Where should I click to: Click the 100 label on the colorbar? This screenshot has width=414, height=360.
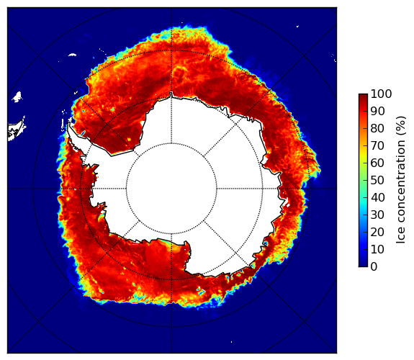(381, 94)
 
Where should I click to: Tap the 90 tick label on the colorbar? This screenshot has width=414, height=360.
(377, 111)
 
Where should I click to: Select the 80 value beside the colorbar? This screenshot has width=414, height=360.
(377, 128)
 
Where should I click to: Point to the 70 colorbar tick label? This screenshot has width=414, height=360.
(377, 145)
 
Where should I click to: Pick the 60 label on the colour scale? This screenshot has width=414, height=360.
(377, 163)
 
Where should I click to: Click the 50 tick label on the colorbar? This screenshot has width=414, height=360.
(377, 181)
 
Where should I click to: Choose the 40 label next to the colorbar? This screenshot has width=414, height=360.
(377, 197)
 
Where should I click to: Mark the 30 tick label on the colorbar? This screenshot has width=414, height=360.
(377, 215)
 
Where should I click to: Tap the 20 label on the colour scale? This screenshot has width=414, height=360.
(377, 232)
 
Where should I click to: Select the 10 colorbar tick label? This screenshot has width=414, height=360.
(377, 249)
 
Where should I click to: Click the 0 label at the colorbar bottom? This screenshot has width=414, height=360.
(374, 267)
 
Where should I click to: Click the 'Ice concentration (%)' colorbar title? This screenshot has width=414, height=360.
(401, 180)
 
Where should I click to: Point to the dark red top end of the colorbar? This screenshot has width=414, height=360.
(363, 95)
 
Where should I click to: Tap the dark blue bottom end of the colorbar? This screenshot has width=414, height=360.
(363, 265)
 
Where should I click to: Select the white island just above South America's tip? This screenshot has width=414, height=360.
(17, 97)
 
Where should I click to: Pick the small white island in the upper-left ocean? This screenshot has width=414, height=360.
(72, 55)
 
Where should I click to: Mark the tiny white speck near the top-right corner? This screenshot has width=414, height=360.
(297, 26)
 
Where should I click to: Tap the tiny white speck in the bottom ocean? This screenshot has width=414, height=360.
(232, 342)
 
